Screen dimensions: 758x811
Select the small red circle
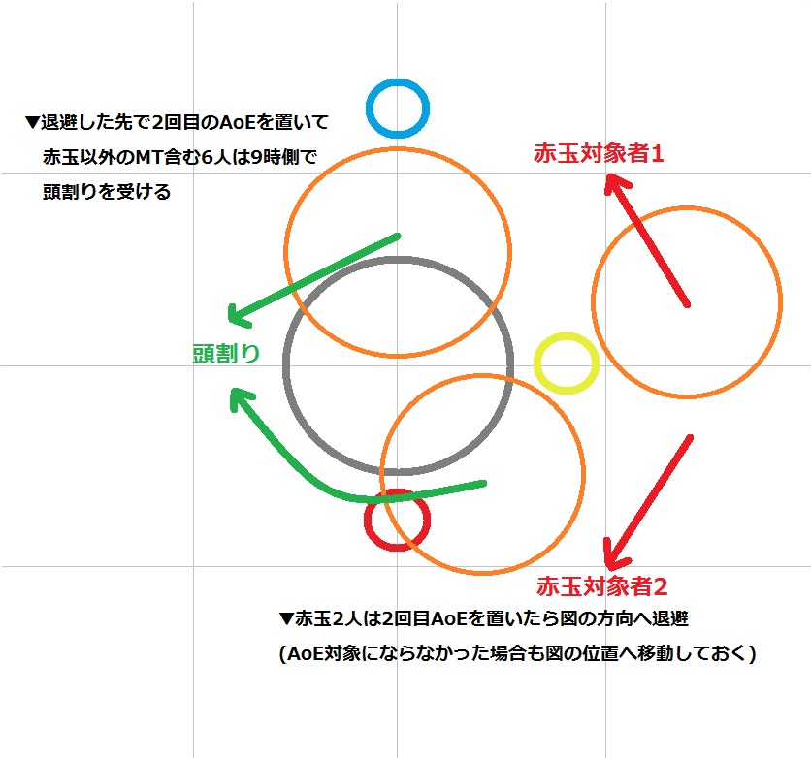coord(397,521)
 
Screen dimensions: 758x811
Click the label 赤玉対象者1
coord(599,152)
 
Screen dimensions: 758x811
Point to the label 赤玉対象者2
coord(601,586)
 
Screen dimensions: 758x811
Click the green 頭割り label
coord(226,354)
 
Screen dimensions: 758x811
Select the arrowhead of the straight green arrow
coord(233,317)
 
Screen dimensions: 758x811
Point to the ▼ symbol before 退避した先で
coord(32,123)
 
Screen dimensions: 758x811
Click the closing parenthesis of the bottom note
coord(751,654)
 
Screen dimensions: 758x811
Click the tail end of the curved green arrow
coord(482,482)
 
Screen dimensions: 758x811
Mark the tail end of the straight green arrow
coord(397,236)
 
